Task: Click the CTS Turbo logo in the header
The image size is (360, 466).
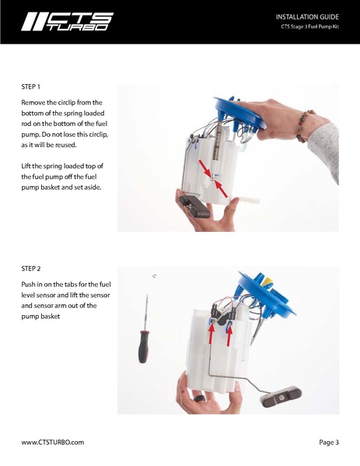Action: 67,22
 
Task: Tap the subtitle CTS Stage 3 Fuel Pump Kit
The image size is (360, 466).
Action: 310,28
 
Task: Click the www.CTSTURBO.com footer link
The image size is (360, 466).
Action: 52,442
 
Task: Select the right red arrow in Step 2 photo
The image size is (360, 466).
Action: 229,334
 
